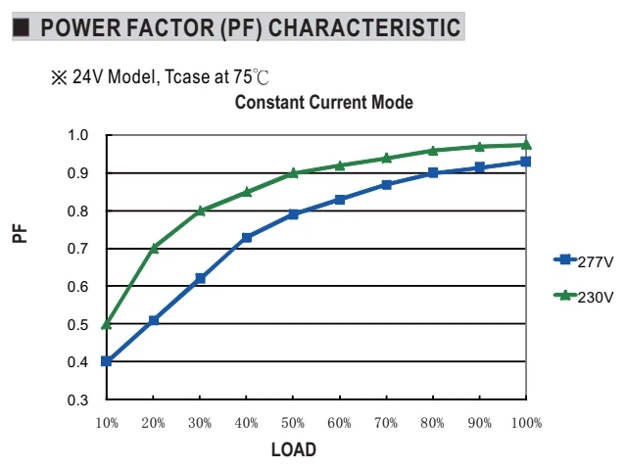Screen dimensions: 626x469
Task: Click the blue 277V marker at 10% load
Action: [x=106, y=361]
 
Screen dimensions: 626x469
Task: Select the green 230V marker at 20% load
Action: [x=154, y=249]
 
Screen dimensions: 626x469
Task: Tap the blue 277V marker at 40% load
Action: [x=247, y=238]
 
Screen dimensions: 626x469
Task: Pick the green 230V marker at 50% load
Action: [x=293, y=173]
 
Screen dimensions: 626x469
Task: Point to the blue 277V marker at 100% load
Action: [x=526, y=162]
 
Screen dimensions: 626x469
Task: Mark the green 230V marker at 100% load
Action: [x=526, y=145]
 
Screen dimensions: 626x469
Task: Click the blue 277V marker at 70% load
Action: [x=386, y=185]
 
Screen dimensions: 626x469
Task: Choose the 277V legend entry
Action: [x=583, y=261]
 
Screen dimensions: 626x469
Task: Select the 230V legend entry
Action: [x=583, y=297]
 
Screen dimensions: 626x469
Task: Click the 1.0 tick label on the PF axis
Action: [x=77, y=135]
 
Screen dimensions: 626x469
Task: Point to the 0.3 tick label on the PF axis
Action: [x=77, y=399]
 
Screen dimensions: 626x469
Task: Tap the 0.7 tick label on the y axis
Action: [x=77, y=249]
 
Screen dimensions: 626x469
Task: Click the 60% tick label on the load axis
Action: [x=339, y=423]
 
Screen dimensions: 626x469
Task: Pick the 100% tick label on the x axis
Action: [x=527, y=423]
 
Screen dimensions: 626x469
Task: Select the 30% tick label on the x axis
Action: [x=200, y=423]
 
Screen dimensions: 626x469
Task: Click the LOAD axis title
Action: [x=294, y=449]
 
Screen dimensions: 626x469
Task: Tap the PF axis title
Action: [x=20, y=234]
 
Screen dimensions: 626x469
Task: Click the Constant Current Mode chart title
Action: [x=324, y=102]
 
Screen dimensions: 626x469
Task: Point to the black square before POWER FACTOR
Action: [x=22, y=27]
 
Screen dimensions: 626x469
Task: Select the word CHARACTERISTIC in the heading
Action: [x=364, y=27]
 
